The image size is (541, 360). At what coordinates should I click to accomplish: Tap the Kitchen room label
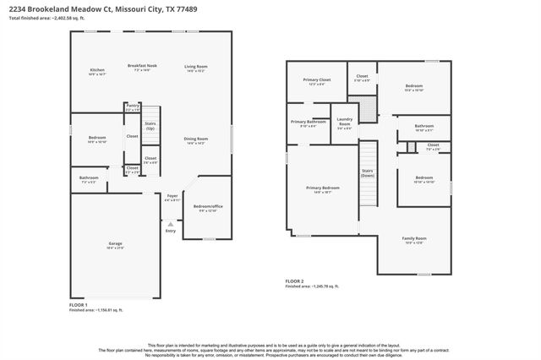click(x=97, y=70)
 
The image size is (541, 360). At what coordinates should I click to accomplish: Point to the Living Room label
click(x=196, y=68)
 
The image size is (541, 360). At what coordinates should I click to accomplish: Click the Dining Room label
click(x=196, y=140)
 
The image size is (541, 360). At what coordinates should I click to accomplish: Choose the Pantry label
click(x=133, y=106)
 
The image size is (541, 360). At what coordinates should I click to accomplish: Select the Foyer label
click(x=172, y=197)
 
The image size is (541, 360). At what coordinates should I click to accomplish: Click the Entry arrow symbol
click(x=170, y=222)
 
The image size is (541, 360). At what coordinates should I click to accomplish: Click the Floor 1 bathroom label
click(x=89, y=179)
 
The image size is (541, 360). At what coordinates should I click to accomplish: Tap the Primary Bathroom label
click(x=308, y=123)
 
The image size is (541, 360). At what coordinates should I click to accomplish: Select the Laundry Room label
click(x=344, y=125)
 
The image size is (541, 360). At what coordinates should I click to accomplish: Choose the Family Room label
click(x=414, y=241)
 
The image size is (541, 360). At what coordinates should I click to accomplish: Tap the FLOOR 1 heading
click(x=78, y=303)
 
